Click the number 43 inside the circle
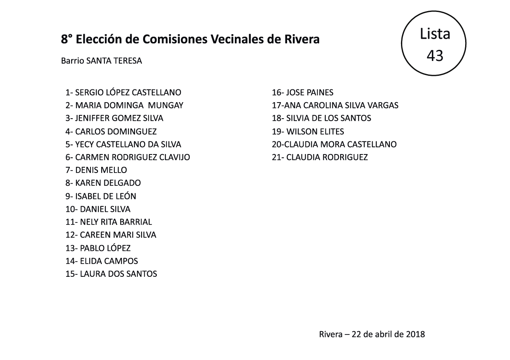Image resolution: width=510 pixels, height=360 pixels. [435, 55]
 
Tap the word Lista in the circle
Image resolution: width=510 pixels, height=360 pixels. [435, 34]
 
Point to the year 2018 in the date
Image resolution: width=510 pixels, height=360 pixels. [415, 334]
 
